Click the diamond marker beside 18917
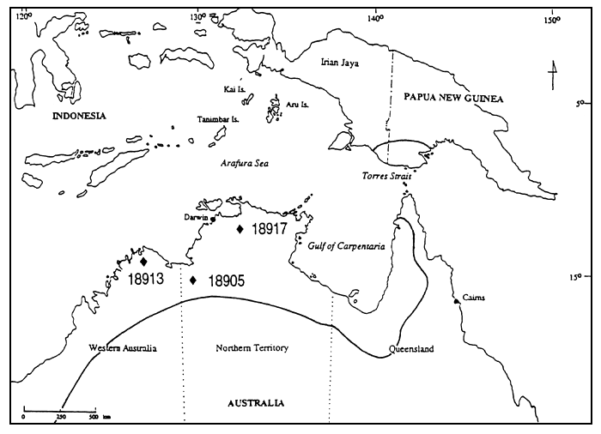pyautogui.click(x=240, y=228)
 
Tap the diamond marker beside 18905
pyautogui.click(x=194, y=280)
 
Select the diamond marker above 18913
pyautogui.click(x=144, y=262)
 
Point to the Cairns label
pyautogui.click(x=473, y=298)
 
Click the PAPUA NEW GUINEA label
pyautogui.click(x=453, y=99)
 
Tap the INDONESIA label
pyautogui.click(x=78, y=115)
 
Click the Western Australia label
pyautogui.click(x=124, y=348)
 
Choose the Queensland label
pyautogui.click(x=411, y=349)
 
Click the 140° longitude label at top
pyautogui.click(x=375, y=16)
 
